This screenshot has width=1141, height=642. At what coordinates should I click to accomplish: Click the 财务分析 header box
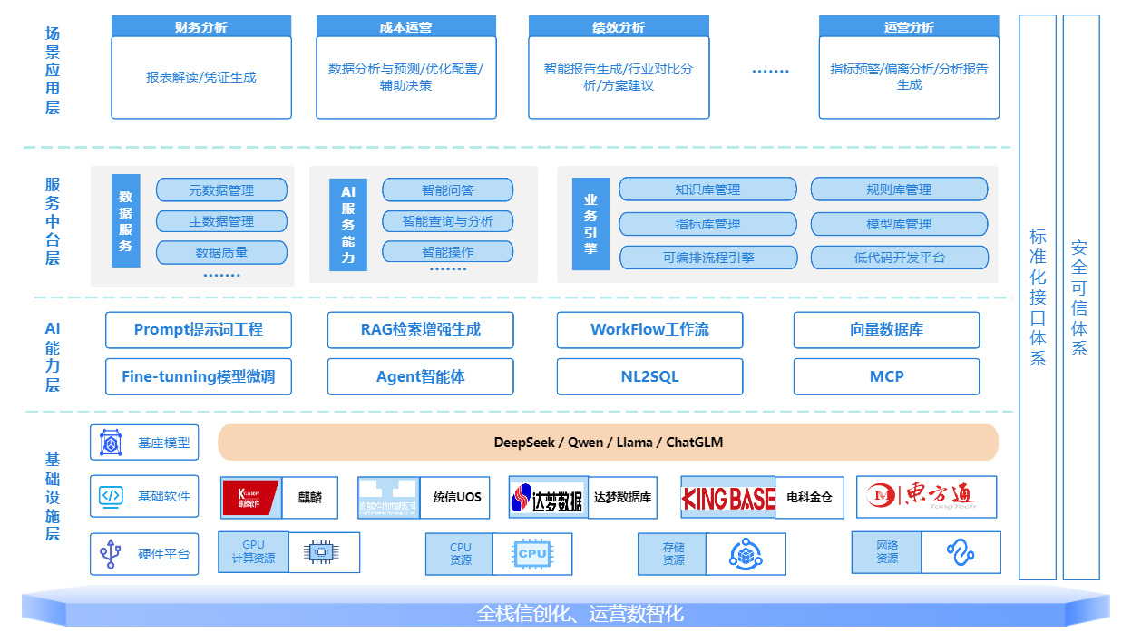click(x=201, y=26)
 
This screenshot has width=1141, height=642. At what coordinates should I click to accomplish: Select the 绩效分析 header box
click(x=619, y=26)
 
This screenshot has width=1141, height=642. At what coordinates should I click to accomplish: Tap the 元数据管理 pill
click(x=221, y=190)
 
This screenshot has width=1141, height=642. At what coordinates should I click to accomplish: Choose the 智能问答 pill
click(x=447, y=190)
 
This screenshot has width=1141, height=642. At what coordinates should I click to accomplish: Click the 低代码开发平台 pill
click(x=899, y=258)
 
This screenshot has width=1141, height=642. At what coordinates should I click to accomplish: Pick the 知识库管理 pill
click(x=707, y=190)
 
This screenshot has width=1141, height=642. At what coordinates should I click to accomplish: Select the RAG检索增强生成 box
click(x=420, y=330)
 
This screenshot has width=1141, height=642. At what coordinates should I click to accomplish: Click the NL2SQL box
click(x=649, y=376)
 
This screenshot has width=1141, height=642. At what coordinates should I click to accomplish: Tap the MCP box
click(x=886, y=376)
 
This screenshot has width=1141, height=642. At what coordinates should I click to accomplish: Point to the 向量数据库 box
click(x=886, y=330)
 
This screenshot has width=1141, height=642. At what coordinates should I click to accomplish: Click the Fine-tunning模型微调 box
click(x=199, y=376)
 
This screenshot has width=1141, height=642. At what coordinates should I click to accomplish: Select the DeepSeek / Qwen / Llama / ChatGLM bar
click(x=608, y=443)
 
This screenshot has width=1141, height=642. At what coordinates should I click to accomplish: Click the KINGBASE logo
click(x=728, y=497)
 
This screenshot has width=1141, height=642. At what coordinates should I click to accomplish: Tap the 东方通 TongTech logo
click(x=925, y=496)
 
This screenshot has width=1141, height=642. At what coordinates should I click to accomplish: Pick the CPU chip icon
click(x=532, y=553)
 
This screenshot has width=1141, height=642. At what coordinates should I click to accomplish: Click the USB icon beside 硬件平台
click(x=111, y=553)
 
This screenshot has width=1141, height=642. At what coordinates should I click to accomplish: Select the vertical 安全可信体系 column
click(x=1079, y=297)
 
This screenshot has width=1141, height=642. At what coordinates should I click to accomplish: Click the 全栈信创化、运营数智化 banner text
click(x=580, y=614)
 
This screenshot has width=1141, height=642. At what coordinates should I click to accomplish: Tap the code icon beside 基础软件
click(x=111, y=496)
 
